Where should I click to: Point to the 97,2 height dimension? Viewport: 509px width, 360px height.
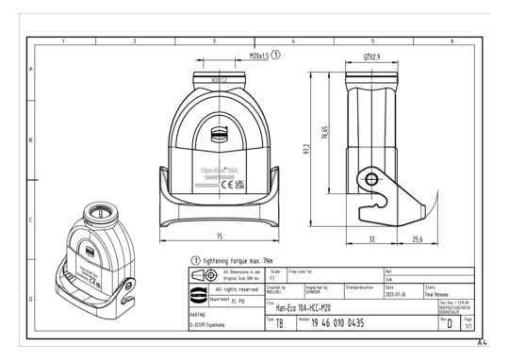click(x=306, y=151)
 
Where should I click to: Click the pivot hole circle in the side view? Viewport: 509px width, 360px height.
click(x=373, y=180)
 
